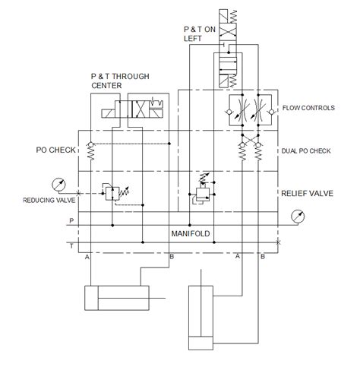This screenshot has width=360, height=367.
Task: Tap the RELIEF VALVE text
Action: click(x=308, y=193)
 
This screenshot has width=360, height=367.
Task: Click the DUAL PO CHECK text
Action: click(x=307, y=150)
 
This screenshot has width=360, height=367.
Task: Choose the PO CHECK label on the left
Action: click(x=55, y=150)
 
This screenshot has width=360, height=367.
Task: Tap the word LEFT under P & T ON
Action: click(x=193, y=39)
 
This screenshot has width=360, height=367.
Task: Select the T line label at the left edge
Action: click(x=71, y=245)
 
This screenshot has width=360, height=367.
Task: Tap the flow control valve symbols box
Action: click(x=250, y=109)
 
